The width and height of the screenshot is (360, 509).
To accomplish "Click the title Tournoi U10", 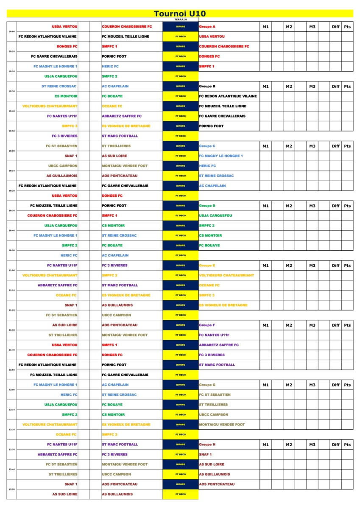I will [x=180, y=14].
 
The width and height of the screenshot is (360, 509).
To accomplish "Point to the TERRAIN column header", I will [x=180, y=20].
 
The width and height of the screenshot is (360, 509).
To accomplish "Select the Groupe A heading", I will [x=207, y=27].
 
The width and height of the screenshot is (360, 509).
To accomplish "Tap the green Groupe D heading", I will [x=207, y=206].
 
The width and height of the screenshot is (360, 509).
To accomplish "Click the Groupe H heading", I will [x=207, y=445].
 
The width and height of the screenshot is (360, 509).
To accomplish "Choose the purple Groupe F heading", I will [x=207, y=325].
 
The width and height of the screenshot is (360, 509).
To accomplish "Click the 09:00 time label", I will [x=11, y=31].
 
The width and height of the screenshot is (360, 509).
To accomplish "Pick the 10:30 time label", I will [x=11, y=210].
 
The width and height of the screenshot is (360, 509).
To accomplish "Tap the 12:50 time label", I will [x=11, y=489].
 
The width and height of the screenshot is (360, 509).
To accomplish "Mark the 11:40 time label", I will [x=11, y=350].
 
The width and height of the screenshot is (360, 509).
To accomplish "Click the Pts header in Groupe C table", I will [x=347, y=146].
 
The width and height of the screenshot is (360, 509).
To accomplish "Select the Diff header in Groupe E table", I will [x=336, y=266].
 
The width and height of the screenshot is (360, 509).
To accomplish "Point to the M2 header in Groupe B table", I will [x=289, y=87].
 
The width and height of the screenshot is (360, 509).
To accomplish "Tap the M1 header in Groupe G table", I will [x=265, y=385].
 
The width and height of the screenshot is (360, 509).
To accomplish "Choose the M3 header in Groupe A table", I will [x=312, y=27].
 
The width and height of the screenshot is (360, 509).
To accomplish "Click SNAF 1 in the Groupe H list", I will [x=206, y=454].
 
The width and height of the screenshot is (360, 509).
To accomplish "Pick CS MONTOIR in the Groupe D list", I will [x=210, y=235].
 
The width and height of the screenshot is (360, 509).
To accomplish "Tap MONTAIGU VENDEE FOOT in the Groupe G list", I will [x=222, y=425].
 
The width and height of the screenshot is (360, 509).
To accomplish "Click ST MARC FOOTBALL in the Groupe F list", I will [x=217, y=365].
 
